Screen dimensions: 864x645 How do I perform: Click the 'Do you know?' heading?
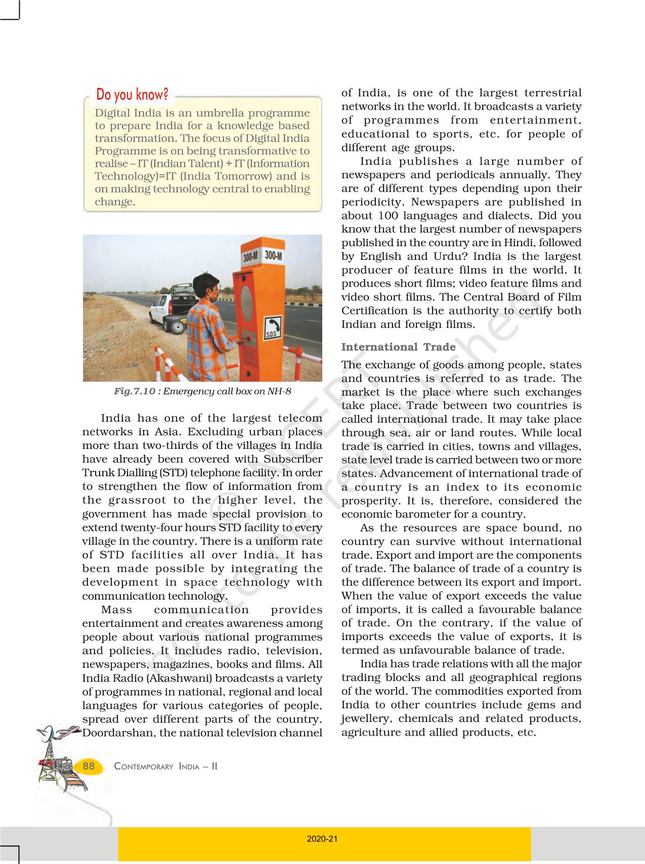(133, 95)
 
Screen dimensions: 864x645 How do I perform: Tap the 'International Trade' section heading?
(398, 347)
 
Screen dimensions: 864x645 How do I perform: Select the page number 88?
(89, 766)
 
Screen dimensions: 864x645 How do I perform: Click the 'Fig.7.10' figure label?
(134, 391)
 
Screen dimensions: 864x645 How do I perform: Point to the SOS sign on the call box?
(272, 328)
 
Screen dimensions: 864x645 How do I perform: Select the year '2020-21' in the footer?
(322, 839)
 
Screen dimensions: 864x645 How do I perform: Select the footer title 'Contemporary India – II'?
(165, 766)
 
